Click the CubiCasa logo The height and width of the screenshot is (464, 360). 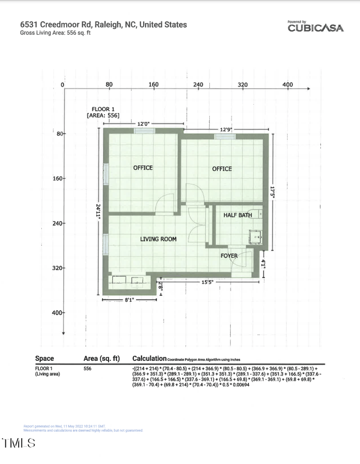pyautogui.click(x=315, y=27)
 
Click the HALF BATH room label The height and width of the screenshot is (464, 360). pyautogui.click(x=238, y=215)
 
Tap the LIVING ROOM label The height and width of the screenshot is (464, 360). pyautogui.click(x=158, y=239)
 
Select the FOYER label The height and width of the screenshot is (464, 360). pyautogui.click(x=229, y=256)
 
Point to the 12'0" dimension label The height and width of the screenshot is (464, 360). pyautogui.click(x=144, y=123)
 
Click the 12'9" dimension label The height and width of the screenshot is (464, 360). pyautogui.click(x=226, y=129)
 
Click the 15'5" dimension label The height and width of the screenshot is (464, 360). pyautogui.click(x=207, y=282)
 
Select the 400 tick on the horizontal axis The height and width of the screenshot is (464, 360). pyautogui.click(x=287, y=85)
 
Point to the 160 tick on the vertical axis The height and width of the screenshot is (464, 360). pyautogui.click(x=58, y=178)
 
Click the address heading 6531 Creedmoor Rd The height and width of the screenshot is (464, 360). pyautogui.click(x=103, y=24)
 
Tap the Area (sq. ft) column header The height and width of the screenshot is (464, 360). pyautogui.click(x=101, y=358)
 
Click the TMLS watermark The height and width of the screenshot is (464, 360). pyautogui.click(x=19, y=443)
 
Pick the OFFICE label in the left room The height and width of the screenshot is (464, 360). pyautogui.click(x=143, y=168)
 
